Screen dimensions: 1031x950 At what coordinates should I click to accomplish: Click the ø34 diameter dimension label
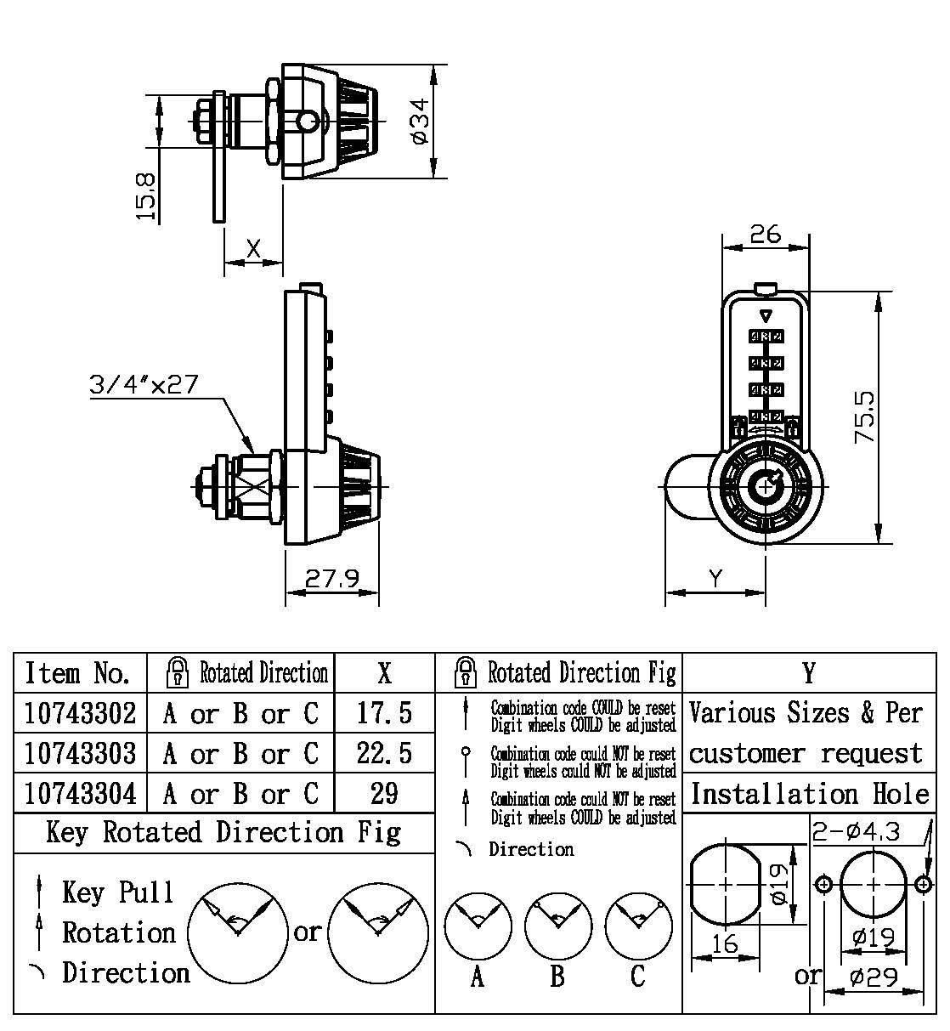tap(420, 122)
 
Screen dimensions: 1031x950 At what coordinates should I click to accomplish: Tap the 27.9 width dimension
tap(331, 579)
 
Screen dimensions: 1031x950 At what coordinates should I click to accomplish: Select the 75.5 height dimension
tap(865, 416)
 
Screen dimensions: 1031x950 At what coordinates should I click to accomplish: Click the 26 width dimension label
tap(765, 234)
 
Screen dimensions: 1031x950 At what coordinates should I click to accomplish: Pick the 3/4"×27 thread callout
tap(144, 384)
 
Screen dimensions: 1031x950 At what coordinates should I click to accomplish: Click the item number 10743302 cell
tap(80, 712)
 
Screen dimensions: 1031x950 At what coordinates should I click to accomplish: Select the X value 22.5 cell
tap(384, 753)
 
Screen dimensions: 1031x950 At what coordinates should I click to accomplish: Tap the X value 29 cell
tap(384, 793)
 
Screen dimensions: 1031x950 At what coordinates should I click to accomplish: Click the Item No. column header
tap(78, 673)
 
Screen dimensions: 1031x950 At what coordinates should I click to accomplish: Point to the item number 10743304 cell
tap(80, 793)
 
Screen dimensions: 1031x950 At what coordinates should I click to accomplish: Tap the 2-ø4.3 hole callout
tap(856, 830)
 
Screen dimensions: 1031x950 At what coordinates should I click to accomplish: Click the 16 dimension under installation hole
tap(725, 943)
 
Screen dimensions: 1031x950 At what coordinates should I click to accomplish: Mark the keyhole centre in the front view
tap(766, 486)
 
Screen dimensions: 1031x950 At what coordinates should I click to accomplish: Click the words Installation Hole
tap(809, 794)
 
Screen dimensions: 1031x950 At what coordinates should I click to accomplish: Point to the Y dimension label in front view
tap(715, 579)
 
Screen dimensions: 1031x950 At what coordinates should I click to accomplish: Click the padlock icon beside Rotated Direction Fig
tap(465, 673)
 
